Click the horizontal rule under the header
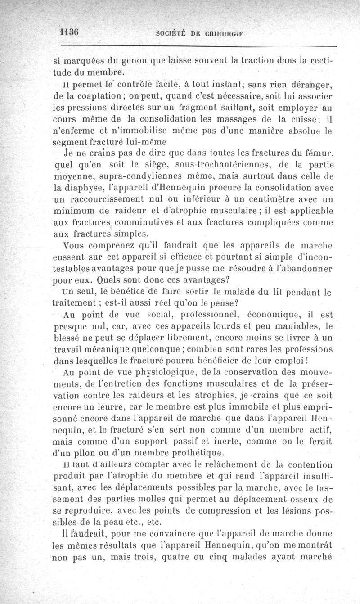pos(198,46)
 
